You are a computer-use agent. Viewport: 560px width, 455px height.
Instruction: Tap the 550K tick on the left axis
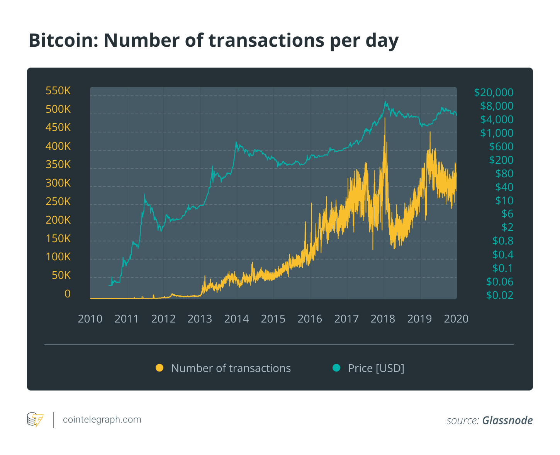point(58,91)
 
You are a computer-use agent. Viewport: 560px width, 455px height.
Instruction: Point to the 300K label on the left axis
point(58,183)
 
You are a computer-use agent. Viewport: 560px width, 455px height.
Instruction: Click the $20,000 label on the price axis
point(494,92)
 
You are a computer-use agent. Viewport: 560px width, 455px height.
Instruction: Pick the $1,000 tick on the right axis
point(497,133)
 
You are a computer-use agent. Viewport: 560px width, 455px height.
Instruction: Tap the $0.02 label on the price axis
point(500,295)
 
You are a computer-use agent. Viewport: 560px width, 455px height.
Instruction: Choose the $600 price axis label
point(501,146)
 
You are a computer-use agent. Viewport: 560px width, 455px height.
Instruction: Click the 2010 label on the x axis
point(90,319)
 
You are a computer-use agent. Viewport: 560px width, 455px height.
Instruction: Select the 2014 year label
point(236,319)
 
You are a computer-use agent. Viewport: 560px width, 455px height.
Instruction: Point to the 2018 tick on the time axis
point(383,319)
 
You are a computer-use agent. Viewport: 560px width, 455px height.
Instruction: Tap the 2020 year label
point(456,319)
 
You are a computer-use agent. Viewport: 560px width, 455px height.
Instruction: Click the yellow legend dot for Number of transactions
point(159,368)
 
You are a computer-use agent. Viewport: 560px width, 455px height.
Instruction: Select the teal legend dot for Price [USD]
point(336,368)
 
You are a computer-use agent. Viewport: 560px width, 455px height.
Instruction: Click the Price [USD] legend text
point(376,368)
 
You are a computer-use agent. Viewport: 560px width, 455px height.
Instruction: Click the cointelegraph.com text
point(102,419)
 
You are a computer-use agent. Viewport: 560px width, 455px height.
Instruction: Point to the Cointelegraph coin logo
point(35,419)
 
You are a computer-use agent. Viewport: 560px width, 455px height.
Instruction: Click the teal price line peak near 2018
point(385,102)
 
